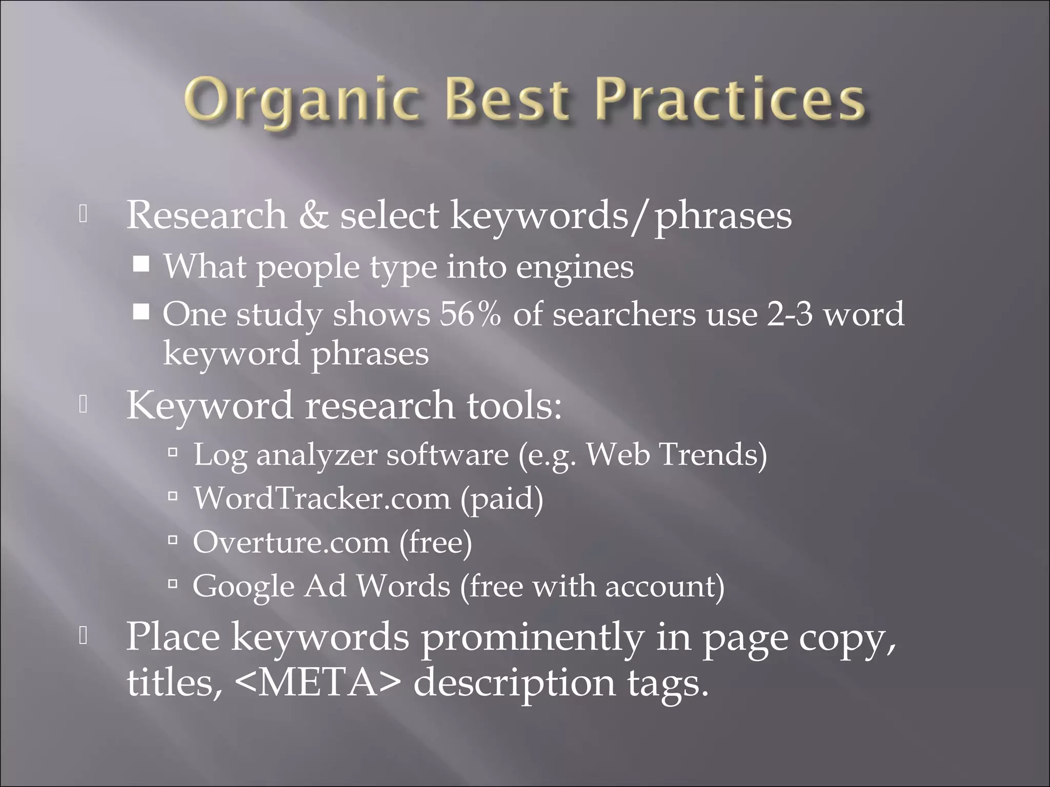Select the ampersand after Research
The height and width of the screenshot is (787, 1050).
pos(314,215)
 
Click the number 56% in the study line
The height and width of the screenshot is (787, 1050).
pos(470,314)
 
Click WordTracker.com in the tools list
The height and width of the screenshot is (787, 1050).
pos(321,498)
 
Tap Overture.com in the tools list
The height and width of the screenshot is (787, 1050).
pos(291,542)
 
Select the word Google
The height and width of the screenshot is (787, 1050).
pos(244,587)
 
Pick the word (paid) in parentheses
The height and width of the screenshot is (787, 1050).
pos(501,498)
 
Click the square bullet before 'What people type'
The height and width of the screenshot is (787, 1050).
pos(141,264)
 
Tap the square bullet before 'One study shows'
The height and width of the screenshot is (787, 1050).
pos(141,312)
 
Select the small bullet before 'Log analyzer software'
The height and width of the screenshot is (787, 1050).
pos(173,452)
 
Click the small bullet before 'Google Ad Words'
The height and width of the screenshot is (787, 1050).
pos(173,583)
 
